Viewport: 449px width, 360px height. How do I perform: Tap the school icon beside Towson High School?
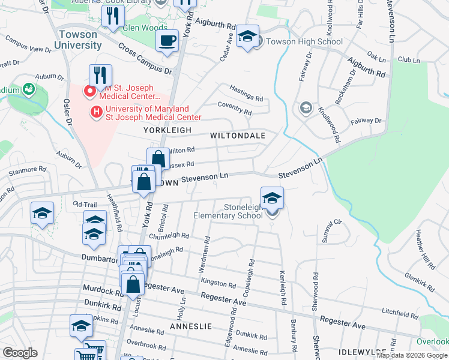(247, 37)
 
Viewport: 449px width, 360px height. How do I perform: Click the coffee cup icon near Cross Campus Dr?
(167, 42)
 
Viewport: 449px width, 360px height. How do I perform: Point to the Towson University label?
(77, 40)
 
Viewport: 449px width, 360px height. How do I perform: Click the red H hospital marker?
(95, 112)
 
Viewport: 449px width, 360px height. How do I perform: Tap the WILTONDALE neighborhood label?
(238, 136)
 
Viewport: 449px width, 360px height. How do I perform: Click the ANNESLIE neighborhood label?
(191, 326)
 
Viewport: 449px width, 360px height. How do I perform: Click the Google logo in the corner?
(20, 353)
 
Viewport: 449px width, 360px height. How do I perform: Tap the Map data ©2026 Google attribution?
(412, 355)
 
